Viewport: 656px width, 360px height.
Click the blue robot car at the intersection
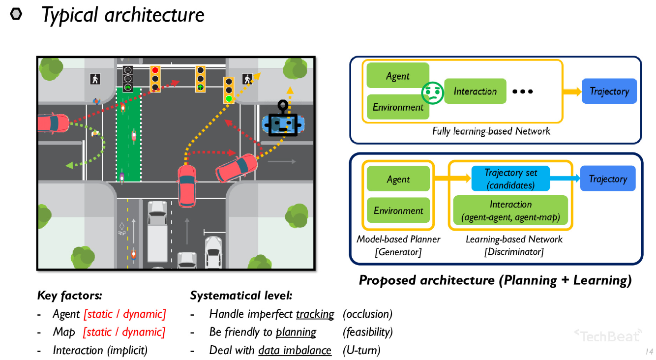coord(283,123)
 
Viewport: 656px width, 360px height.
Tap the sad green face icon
coord(432,92)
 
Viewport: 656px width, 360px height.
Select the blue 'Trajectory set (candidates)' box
coord(510,179)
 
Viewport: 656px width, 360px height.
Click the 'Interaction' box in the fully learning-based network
coord(475,91)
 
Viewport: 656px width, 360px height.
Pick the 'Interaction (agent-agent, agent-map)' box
coord(510,210)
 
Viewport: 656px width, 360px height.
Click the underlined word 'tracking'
coord(315,314)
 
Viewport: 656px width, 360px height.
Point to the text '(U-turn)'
coord(361,351)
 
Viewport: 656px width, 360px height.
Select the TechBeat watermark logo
coord(608,335)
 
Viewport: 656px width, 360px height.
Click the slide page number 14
coord(649,352)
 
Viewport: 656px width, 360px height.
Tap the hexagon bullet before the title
coord(16,14)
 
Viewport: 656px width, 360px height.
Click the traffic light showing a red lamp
coord(155,79)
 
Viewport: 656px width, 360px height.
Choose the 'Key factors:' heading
coord(69,296)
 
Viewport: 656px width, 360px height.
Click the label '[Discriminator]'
coord(514,252)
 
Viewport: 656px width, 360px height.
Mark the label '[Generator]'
coord(398,252)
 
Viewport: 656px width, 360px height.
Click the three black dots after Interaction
coord(522,91)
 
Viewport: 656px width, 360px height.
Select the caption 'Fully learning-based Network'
coord(491,131)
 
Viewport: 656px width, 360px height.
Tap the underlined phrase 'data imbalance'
coord(295,351)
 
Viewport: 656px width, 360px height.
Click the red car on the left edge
coord(53,123)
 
